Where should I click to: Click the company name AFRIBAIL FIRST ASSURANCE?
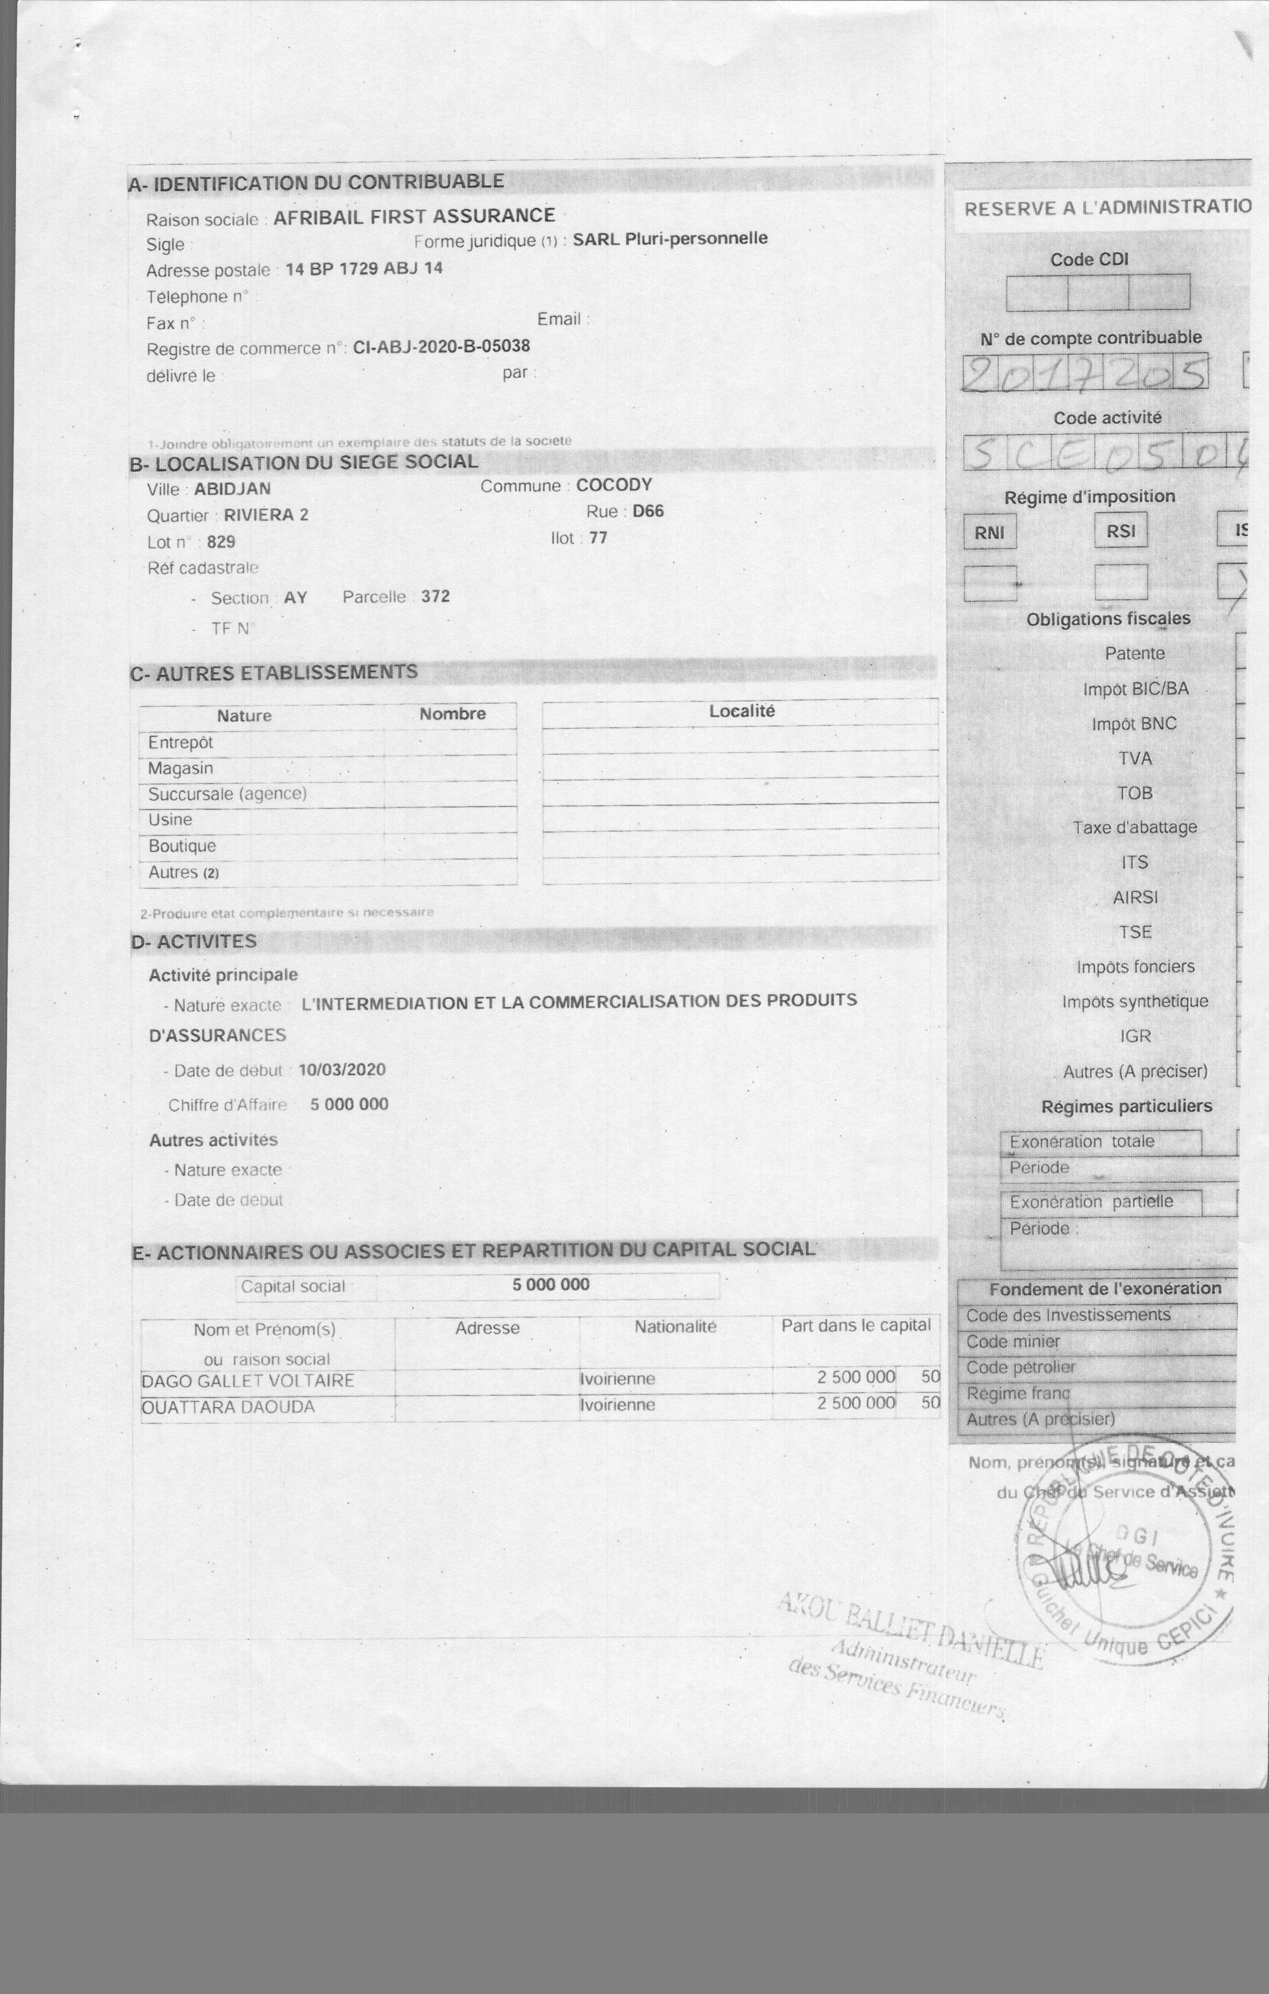tap(414, 216)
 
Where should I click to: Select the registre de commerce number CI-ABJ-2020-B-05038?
tap(442, 346)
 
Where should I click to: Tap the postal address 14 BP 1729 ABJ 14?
tap(364, 268)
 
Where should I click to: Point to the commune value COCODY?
tap(614, 485)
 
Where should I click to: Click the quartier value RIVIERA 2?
tap(266, 514)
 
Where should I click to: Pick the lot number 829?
tap(221, 541)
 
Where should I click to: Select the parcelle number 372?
tap(435, 596)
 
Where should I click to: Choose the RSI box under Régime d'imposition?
tap(1121, 531)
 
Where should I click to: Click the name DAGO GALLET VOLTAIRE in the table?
tap(248, 1381)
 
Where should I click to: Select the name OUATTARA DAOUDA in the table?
tap(228, 1407)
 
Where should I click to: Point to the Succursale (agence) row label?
tap(227, 793)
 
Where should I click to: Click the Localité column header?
tap(741, 711)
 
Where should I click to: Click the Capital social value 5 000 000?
tap(551, 1284)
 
